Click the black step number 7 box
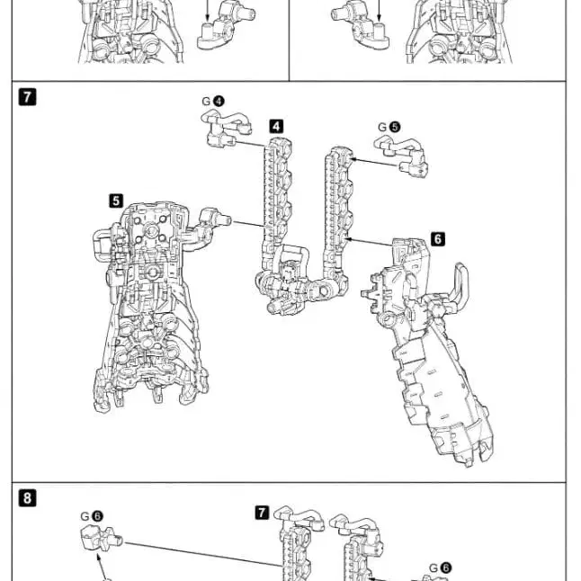(27, 97)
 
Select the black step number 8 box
(27, 496)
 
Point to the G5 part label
(391, 128)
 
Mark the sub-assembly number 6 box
(438, 238)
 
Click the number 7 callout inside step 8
(262, 513)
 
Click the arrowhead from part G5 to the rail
(352, 159)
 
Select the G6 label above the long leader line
(91, 516)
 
